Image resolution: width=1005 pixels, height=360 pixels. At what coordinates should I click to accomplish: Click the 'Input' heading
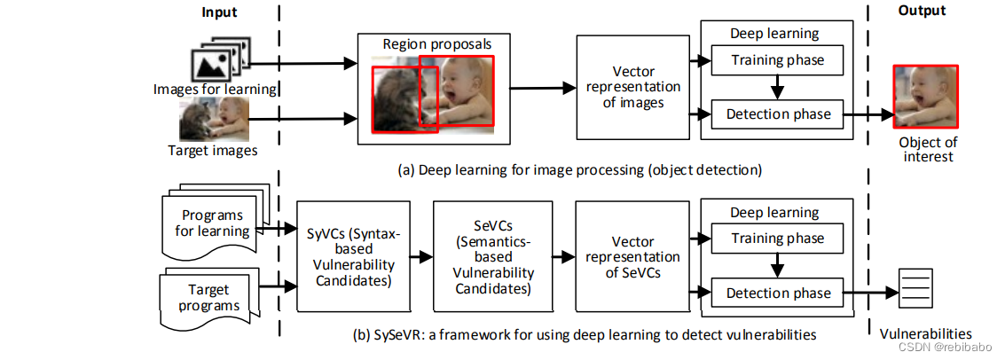pyautogui.click(x=219, y=11)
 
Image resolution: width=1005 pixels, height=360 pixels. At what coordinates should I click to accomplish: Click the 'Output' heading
pyautogui.click(x=922, y=11)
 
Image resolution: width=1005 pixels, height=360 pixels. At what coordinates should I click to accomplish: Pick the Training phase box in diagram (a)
pyautogui.click(x=778, y=60)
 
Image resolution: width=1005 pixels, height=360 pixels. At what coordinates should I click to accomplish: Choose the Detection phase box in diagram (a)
pyautogui.click(x=778, y=113)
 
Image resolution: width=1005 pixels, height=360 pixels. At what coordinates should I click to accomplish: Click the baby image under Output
pyautogui.click(x=925, y=97)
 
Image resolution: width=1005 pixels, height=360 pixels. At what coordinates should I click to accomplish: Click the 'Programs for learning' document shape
pyautogui.click(x=212, y=222)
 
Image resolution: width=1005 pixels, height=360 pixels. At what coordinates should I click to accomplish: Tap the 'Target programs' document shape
pyautogui.click(x=209, y=296)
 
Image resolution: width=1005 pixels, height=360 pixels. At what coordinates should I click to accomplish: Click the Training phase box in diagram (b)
pyautogui.click(x=778, y=239)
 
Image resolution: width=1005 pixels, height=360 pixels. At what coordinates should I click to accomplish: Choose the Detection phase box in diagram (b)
pyautogui.click(x=778, y=293)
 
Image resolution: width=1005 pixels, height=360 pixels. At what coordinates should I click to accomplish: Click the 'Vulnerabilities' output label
pyautogui.click(x=919, y=334)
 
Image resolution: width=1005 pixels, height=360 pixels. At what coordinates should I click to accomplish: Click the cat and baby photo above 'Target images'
pyautogui.click(x=213, y=120)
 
